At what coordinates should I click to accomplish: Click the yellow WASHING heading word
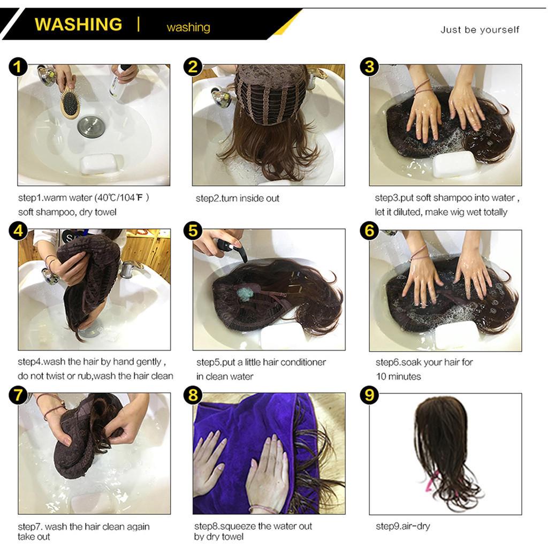coord(78,25)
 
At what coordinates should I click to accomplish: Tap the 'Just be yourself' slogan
coord(479,30)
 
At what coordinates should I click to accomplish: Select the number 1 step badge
coord(19,67)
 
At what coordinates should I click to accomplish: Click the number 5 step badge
coord(193,231)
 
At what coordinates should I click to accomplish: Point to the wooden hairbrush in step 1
coord(70,103)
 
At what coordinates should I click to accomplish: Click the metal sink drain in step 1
coord(88,127)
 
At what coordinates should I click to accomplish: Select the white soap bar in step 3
coord(454,163)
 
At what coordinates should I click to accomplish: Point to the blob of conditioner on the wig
coord(246,294)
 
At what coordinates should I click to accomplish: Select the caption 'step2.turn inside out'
coord(237,199)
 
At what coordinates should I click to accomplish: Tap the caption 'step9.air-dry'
coord(402,526)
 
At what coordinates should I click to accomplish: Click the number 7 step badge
coord(19,395)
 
